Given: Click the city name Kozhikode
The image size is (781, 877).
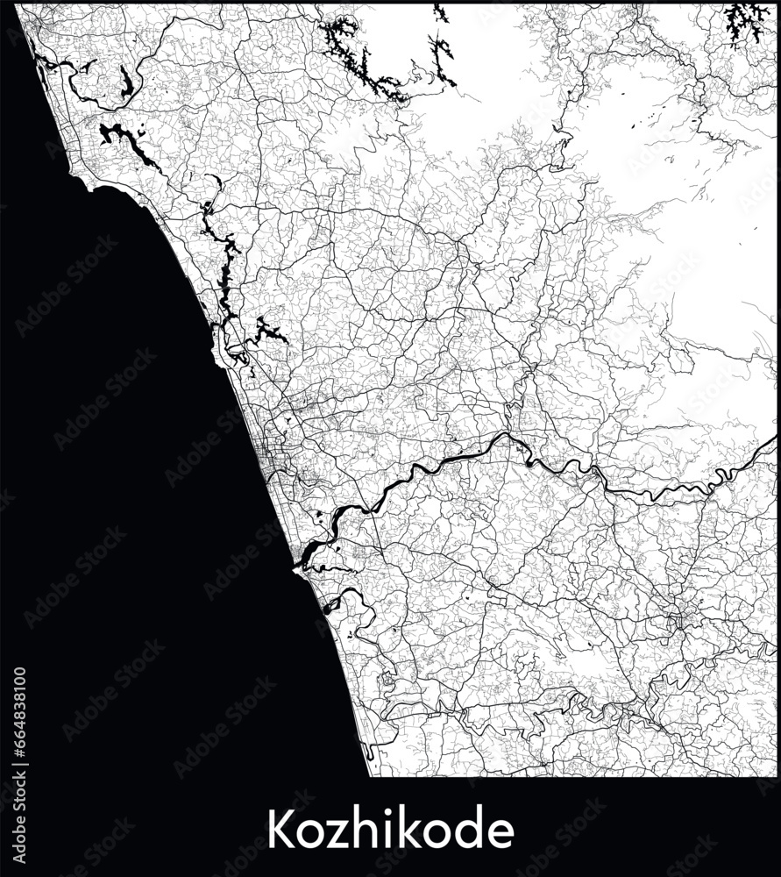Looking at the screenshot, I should point(390,829).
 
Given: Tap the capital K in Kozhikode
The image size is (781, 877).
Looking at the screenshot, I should point(279,829).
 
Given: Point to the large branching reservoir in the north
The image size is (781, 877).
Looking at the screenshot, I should point(359,57).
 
